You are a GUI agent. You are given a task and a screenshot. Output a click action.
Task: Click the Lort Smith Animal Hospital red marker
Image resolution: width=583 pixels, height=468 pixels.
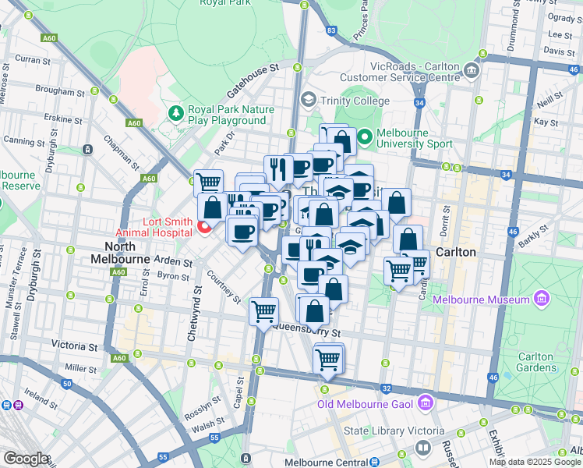206,227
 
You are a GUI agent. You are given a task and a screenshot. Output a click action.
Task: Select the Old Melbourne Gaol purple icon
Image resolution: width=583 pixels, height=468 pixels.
425,403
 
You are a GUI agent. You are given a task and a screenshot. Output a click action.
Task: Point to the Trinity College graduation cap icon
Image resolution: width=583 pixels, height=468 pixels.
309,100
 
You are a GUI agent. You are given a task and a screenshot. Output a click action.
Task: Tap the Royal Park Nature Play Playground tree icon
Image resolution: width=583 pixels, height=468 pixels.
176,113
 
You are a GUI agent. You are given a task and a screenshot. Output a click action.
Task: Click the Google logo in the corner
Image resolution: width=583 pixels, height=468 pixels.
26,459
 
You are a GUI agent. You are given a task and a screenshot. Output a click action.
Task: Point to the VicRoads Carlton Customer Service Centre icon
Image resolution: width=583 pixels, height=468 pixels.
472,72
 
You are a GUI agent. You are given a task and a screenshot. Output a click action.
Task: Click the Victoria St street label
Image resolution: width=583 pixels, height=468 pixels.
75,345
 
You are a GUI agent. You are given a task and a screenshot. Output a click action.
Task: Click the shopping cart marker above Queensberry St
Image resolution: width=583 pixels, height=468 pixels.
263,311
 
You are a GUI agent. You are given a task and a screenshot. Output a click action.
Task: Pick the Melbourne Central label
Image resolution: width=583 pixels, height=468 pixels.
322,462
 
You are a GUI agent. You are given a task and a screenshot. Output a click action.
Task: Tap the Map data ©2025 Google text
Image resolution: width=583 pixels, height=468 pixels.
535,462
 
